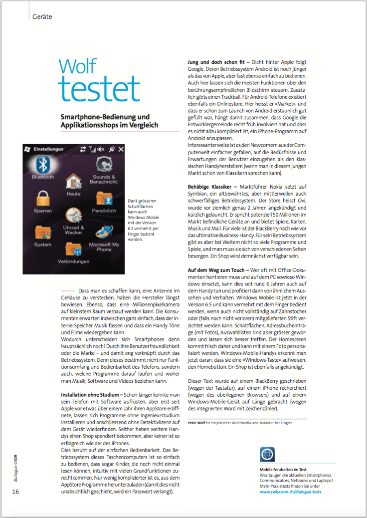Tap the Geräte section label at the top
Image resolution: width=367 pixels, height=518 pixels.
pyautogui.click(x=42, y=16)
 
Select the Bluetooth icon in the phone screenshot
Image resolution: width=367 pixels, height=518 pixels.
pyautogui.click(x=42, y=165)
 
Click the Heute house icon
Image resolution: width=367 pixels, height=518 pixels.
pyautogui.click(x=73, y=182)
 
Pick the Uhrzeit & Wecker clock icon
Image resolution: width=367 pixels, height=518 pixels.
pyautogui.click(x=73, y=216)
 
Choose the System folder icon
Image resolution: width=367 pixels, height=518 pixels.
pyautogui.click(x=42, y=232)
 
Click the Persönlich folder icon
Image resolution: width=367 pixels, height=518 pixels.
pyautogui.click(x=104, y=199)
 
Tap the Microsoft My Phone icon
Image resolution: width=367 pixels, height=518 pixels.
pyautogui.click(x=104, y=232)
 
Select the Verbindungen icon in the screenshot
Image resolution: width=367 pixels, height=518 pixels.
pyautogui.click(x=73, y=250)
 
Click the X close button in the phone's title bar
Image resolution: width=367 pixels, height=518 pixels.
pyautogui.click(x=121, y=149)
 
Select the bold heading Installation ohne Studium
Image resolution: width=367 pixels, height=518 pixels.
pyautogui.click(x=87, y=380)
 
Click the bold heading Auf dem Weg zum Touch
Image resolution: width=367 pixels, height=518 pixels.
pyautogui.click(x=216, y=269)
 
